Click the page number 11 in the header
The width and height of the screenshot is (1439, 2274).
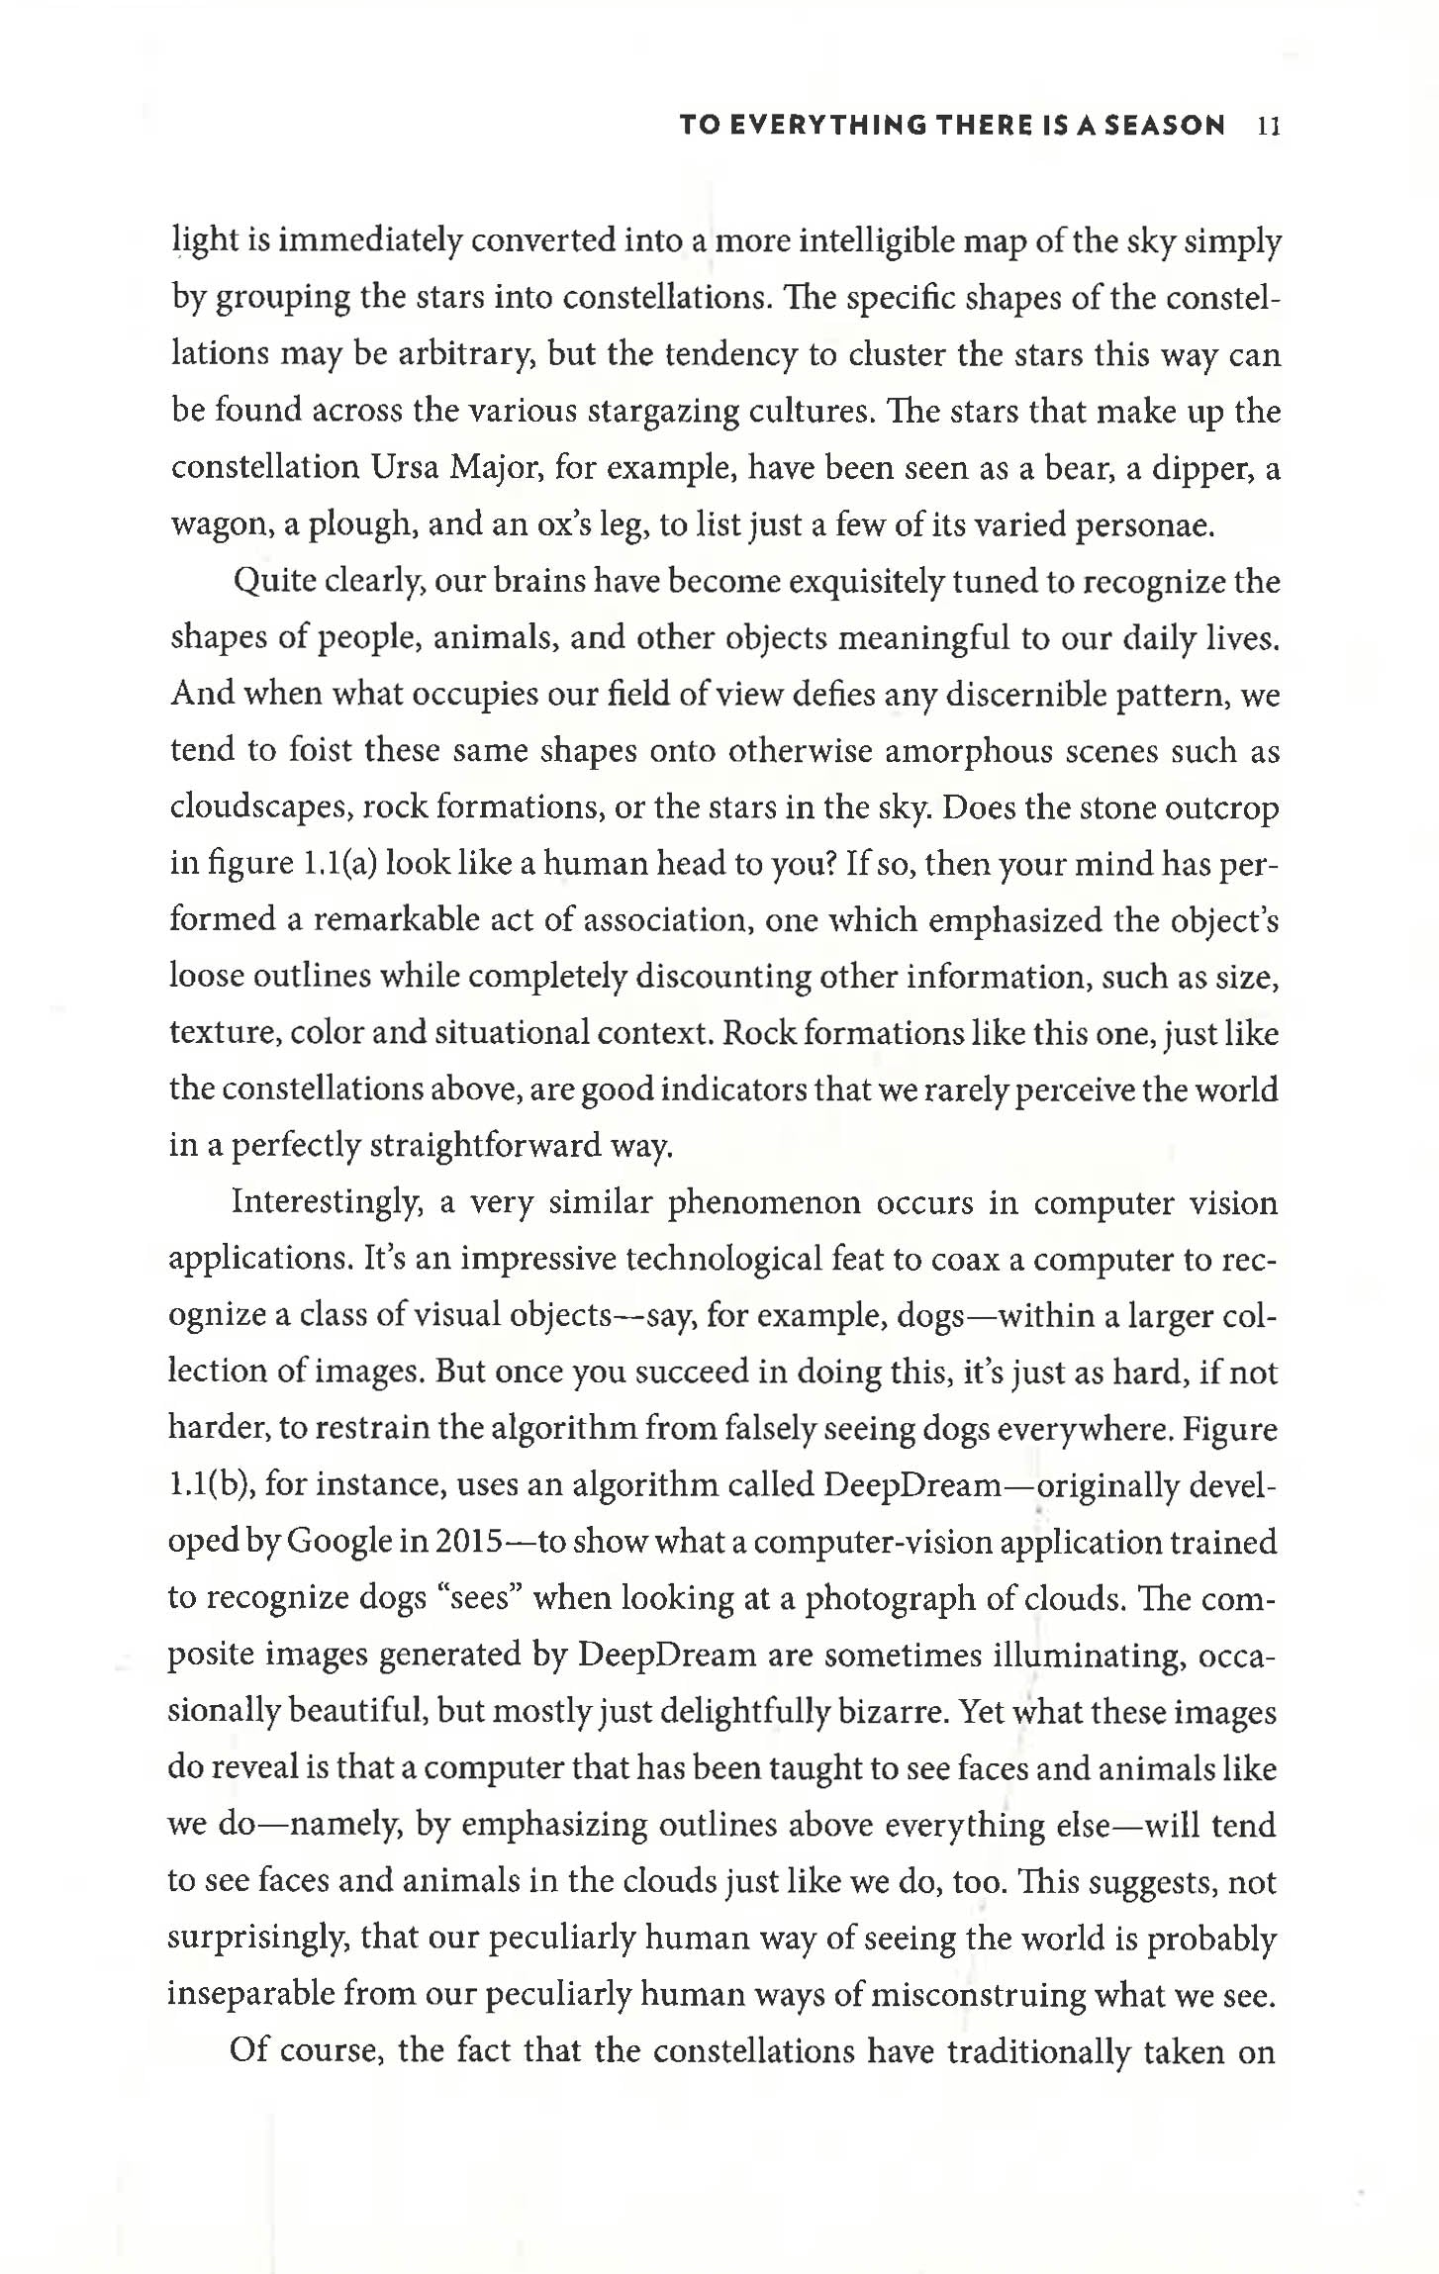pyautogui.click(x=1268, y=126)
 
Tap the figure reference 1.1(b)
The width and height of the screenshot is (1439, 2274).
pyautogui.click(x=210, y=1485)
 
